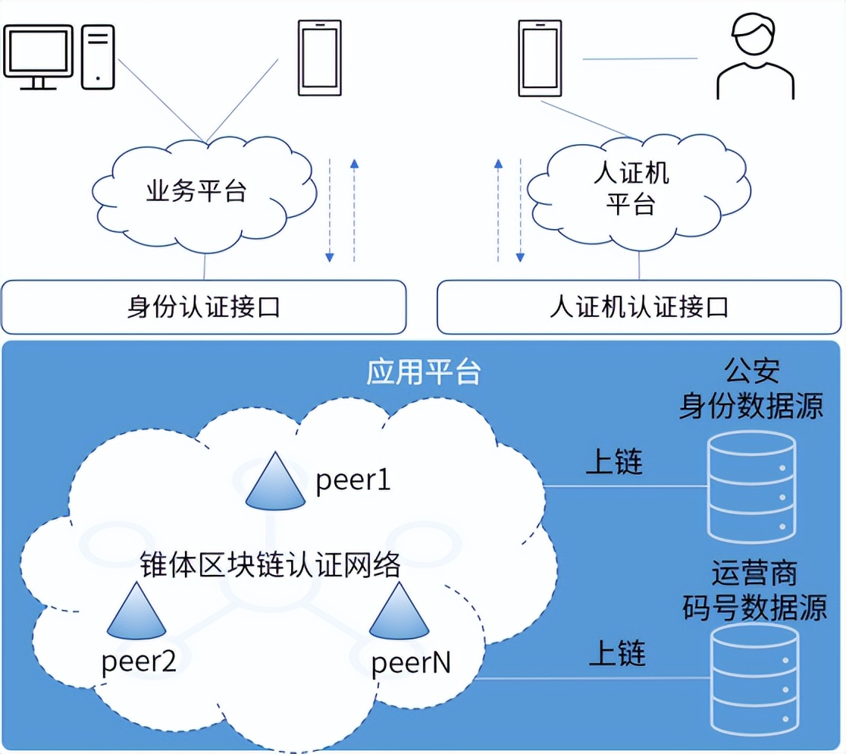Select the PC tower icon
pos(99,57)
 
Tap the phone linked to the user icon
pos(540,58)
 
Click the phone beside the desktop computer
pos(319,58)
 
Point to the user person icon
pos(755,59)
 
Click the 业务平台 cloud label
pos(196,191)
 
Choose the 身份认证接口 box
pos(203,307)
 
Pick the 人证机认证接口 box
pos(639,307)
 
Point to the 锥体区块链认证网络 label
pos(271,565)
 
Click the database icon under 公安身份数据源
pos(750,485)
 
